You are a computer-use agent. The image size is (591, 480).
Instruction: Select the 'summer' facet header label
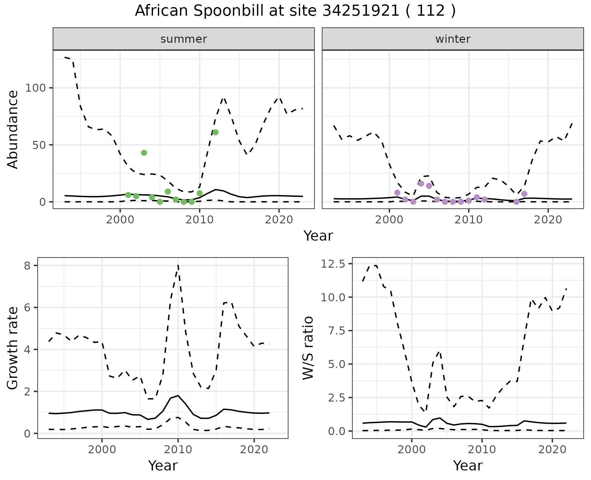pos(184,39)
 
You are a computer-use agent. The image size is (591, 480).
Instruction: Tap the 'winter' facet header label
pos(453,39)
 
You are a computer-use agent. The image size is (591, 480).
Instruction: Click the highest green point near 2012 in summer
pos(215,132)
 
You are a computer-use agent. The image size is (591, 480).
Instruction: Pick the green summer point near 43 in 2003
pos(144,153)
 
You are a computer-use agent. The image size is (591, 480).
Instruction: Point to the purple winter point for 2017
pos(525,194)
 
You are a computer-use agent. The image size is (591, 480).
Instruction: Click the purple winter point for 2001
pos(397,193)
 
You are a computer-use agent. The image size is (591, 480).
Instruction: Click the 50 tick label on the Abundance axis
pos(39,145)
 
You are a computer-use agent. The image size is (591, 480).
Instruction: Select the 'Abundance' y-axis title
pos(13,130)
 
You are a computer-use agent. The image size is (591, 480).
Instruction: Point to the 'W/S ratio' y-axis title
pos(308,348)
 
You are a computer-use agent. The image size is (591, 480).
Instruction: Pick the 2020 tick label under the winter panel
pos(548,220)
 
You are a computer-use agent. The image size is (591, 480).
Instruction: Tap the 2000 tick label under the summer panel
pos(120,220)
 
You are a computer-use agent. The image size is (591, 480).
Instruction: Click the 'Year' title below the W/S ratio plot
pos(468,466)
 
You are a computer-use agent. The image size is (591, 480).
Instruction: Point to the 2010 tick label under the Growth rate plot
pos(178,450)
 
